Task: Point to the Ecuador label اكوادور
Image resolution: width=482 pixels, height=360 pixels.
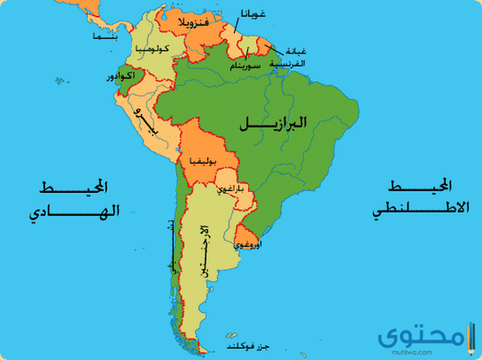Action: click(120, 78)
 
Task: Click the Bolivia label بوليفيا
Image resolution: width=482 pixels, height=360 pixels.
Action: click(205, 161)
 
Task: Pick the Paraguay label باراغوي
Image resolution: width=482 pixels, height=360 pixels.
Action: click(230, 190)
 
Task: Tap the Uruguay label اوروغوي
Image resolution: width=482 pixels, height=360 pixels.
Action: click(249, 245)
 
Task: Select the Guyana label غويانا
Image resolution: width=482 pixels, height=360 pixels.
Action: click(251, 14)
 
